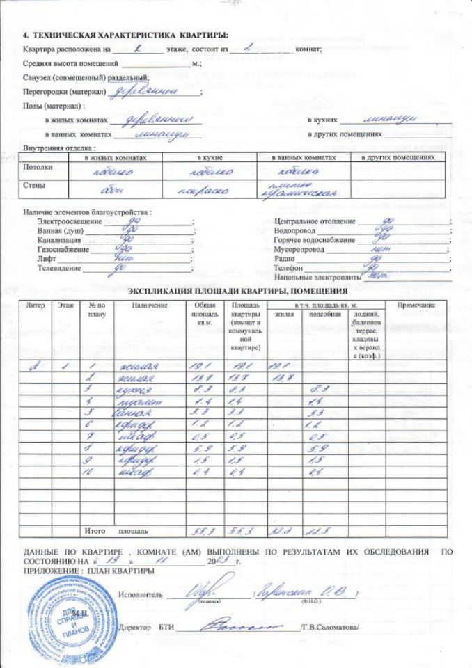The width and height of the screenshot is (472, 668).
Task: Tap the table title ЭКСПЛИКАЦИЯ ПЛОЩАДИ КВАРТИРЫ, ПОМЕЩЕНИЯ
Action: (238, 291)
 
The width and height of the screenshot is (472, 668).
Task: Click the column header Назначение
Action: (149, 305)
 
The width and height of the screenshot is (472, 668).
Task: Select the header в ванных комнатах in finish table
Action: (303, 158)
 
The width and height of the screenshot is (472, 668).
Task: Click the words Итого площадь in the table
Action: (116, 532)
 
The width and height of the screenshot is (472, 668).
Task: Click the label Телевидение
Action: (60, 268)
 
